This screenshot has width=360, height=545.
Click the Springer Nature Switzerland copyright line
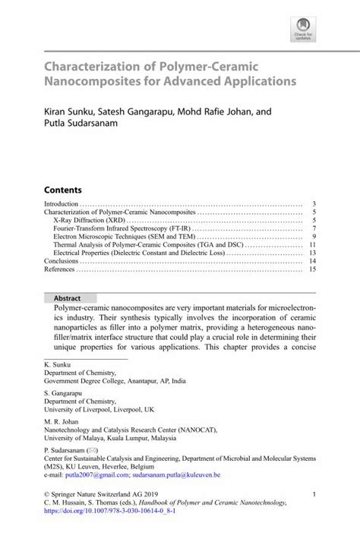point(103,493)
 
